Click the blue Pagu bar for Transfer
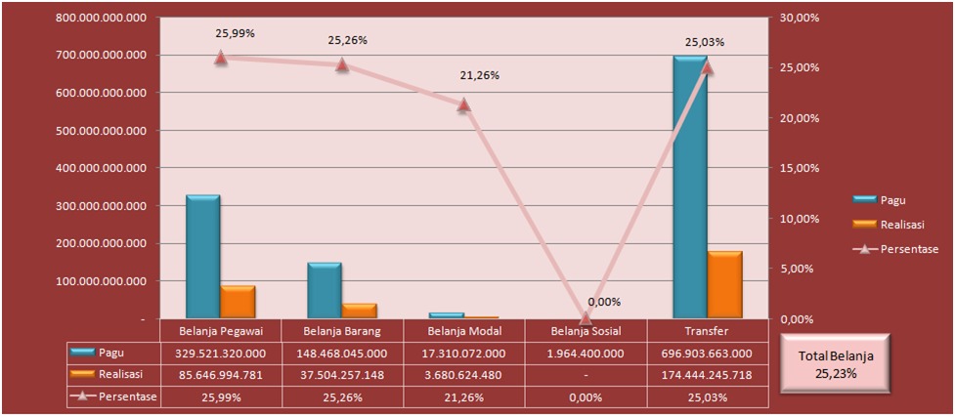click(689, 186)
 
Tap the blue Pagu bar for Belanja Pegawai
click(203, 256)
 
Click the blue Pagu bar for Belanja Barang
click(325, 290)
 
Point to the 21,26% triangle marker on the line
click(463, 104)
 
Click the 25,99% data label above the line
click(235, 33)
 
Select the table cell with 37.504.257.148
click(342, 375)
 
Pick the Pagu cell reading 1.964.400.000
click(586, 354)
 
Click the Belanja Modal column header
click(463, 331)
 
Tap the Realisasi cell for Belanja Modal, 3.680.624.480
click(463, 375)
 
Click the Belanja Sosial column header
click(586, 331)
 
